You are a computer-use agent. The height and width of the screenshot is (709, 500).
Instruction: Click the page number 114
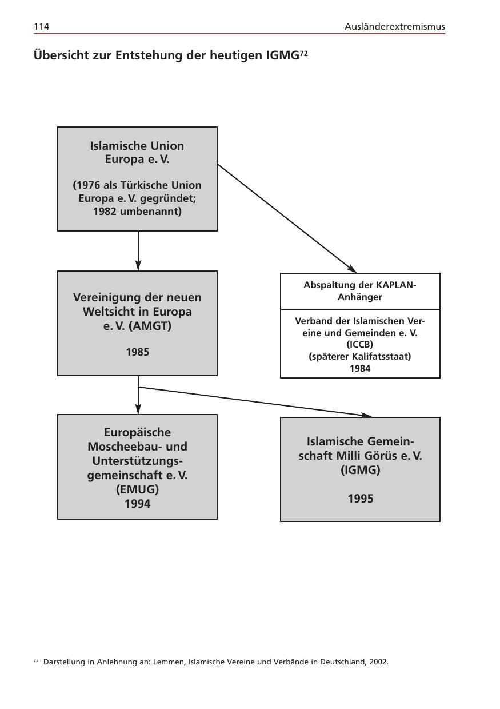coord(41,27)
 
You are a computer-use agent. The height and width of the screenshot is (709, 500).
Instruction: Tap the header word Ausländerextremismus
coord(395,27)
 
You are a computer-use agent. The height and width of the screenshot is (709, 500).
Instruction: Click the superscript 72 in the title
coord(304,53)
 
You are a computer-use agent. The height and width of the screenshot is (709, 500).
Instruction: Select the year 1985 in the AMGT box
coord(137,352)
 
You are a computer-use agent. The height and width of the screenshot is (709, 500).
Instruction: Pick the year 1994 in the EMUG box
coord(137,504)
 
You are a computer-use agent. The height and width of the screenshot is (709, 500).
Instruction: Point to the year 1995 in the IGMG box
coord(361,499)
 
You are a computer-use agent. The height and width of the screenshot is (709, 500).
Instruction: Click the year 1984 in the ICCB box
coord(360,368)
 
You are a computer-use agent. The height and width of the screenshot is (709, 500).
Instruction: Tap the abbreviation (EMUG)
coord(137,489)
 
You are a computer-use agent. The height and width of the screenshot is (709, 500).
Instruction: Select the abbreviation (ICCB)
coord(360,345)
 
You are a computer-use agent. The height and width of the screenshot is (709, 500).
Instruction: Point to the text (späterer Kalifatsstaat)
coord(360,356)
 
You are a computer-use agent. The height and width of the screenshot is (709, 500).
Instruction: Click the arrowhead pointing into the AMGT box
coord(138,265)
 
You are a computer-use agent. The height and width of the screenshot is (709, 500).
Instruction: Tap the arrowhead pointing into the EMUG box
coord(138,409)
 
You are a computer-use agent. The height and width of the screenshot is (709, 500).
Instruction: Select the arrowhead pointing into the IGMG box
coord(366,415)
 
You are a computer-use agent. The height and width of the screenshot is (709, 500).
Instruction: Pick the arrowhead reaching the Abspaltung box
coord(351,269)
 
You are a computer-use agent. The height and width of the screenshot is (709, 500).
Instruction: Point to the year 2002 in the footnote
coord(378,662)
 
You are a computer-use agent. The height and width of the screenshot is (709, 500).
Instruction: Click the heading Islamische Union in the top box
coord(137,145)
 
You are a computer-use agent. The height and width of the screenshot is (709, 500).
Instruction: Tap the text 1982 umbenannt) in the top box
coord(137,212)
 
